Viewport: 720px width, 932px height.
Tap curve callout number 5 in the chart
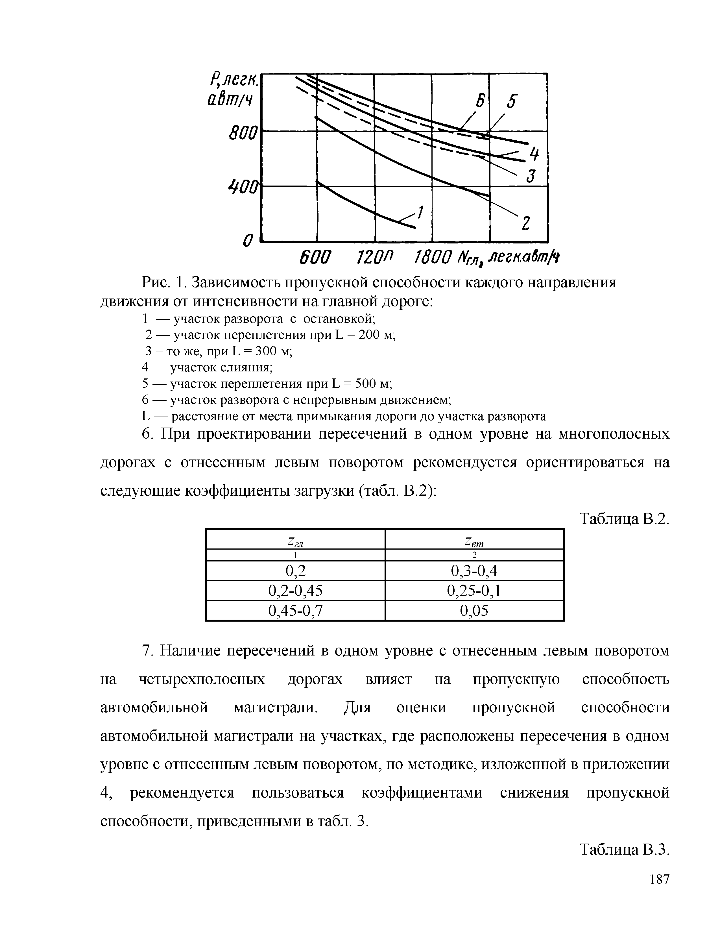(511, 103)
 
